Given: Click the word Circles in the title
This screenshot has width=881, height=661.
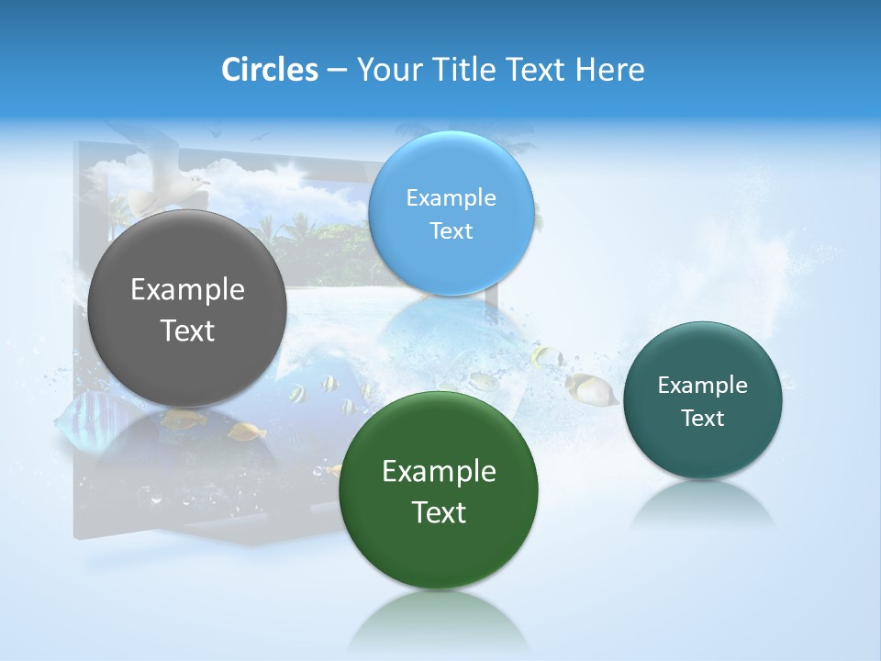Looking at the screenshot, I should coord(269,70).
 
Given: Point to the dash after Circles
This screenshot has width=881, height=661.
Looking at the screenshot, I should coord(337,71).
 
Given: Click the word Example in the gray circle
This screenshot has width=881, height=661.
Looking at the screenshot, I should coord(187,290).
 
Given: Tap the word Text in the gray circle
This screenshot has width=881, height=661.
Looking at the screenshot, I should coord(187,330).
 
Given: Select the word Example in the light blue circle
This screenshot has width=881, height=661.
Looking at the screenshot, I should coord(451,197).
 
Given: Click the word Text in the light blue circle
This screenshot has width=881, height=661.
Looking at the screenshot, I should coord(451,230).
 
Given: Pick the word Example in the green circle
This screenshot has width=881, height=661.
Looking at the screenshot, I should coord(439,472).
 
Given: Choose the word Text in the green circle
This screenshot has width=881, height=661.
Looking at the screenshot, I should coord(439,512).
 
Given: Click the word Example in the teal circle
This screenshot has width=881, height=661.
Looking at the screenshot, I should coord(702,386).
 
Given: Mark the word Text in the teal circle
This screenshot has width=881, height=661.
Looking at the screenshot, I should coord(702,419).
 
